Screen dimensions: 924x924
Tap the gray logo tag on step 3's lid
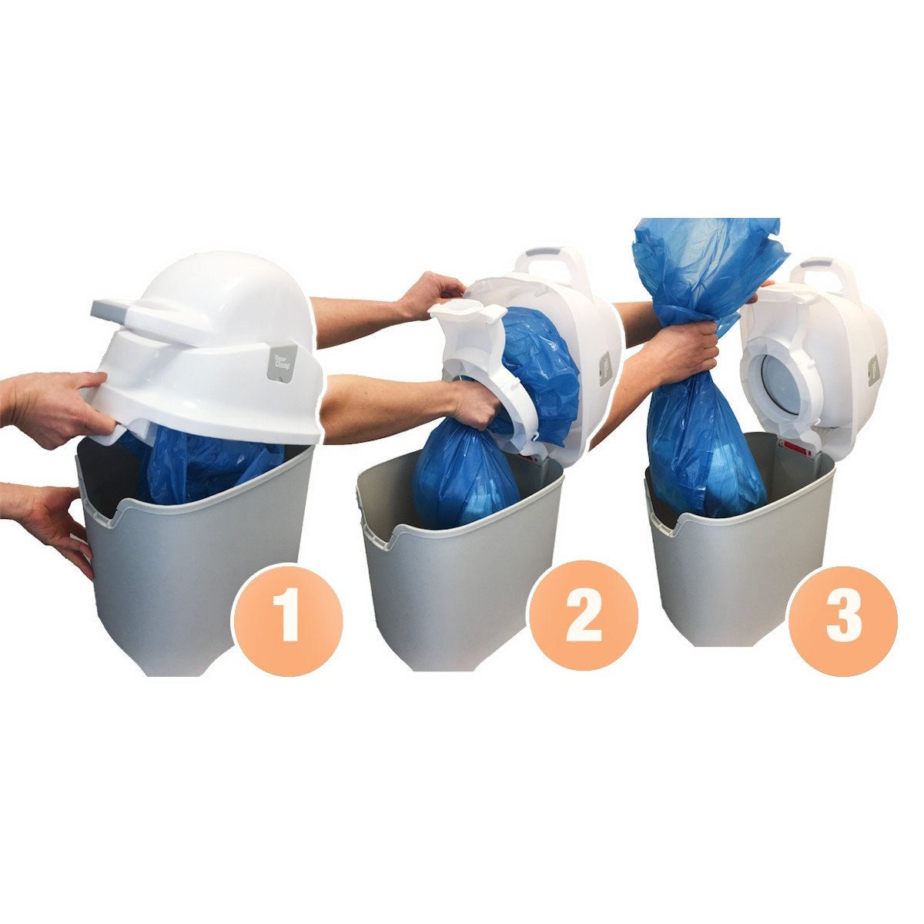tap(873, 370)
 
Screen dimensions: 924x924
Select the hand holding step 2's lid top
tap(433, 293)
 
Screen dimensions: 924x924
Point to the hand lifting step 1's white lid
tap(54, 404)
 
